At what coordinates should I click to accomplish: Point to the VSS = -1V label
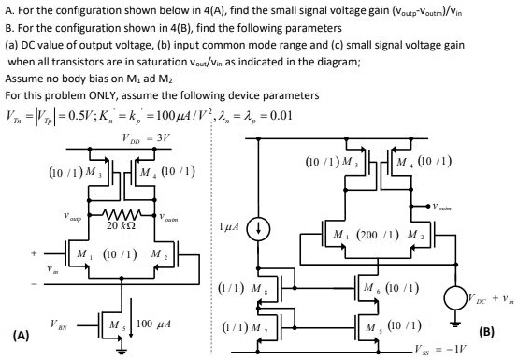(x=463, y=347)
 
